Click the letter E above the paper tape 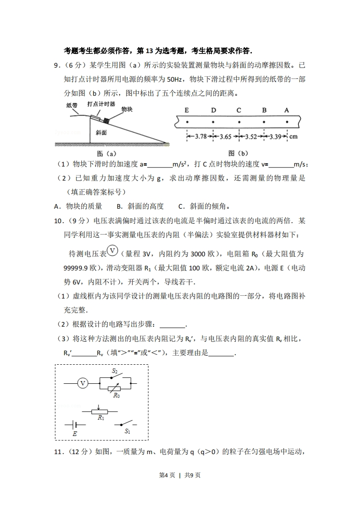(x=187, y=110)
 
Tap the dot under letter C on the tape (x=239, y=122)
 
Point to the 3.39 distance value (x=275, y=137)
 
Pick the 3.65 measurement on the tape (x=225, y=137)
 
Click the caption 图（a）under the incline (x=106, y=153)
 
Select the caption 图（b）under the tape (x=238, y=153)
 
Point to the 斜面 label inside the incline (x=101, y=132)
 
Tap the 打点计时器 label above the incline (x=101, y=104)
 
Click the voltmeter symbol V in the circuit (x=83, y=383)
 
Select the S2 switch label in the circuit (x=115, y=371)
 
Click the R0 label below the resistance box (x=117, y=395)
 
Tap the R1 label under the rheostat (x=101, y=418)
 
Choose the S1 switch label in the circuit (x=128, y=431)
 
